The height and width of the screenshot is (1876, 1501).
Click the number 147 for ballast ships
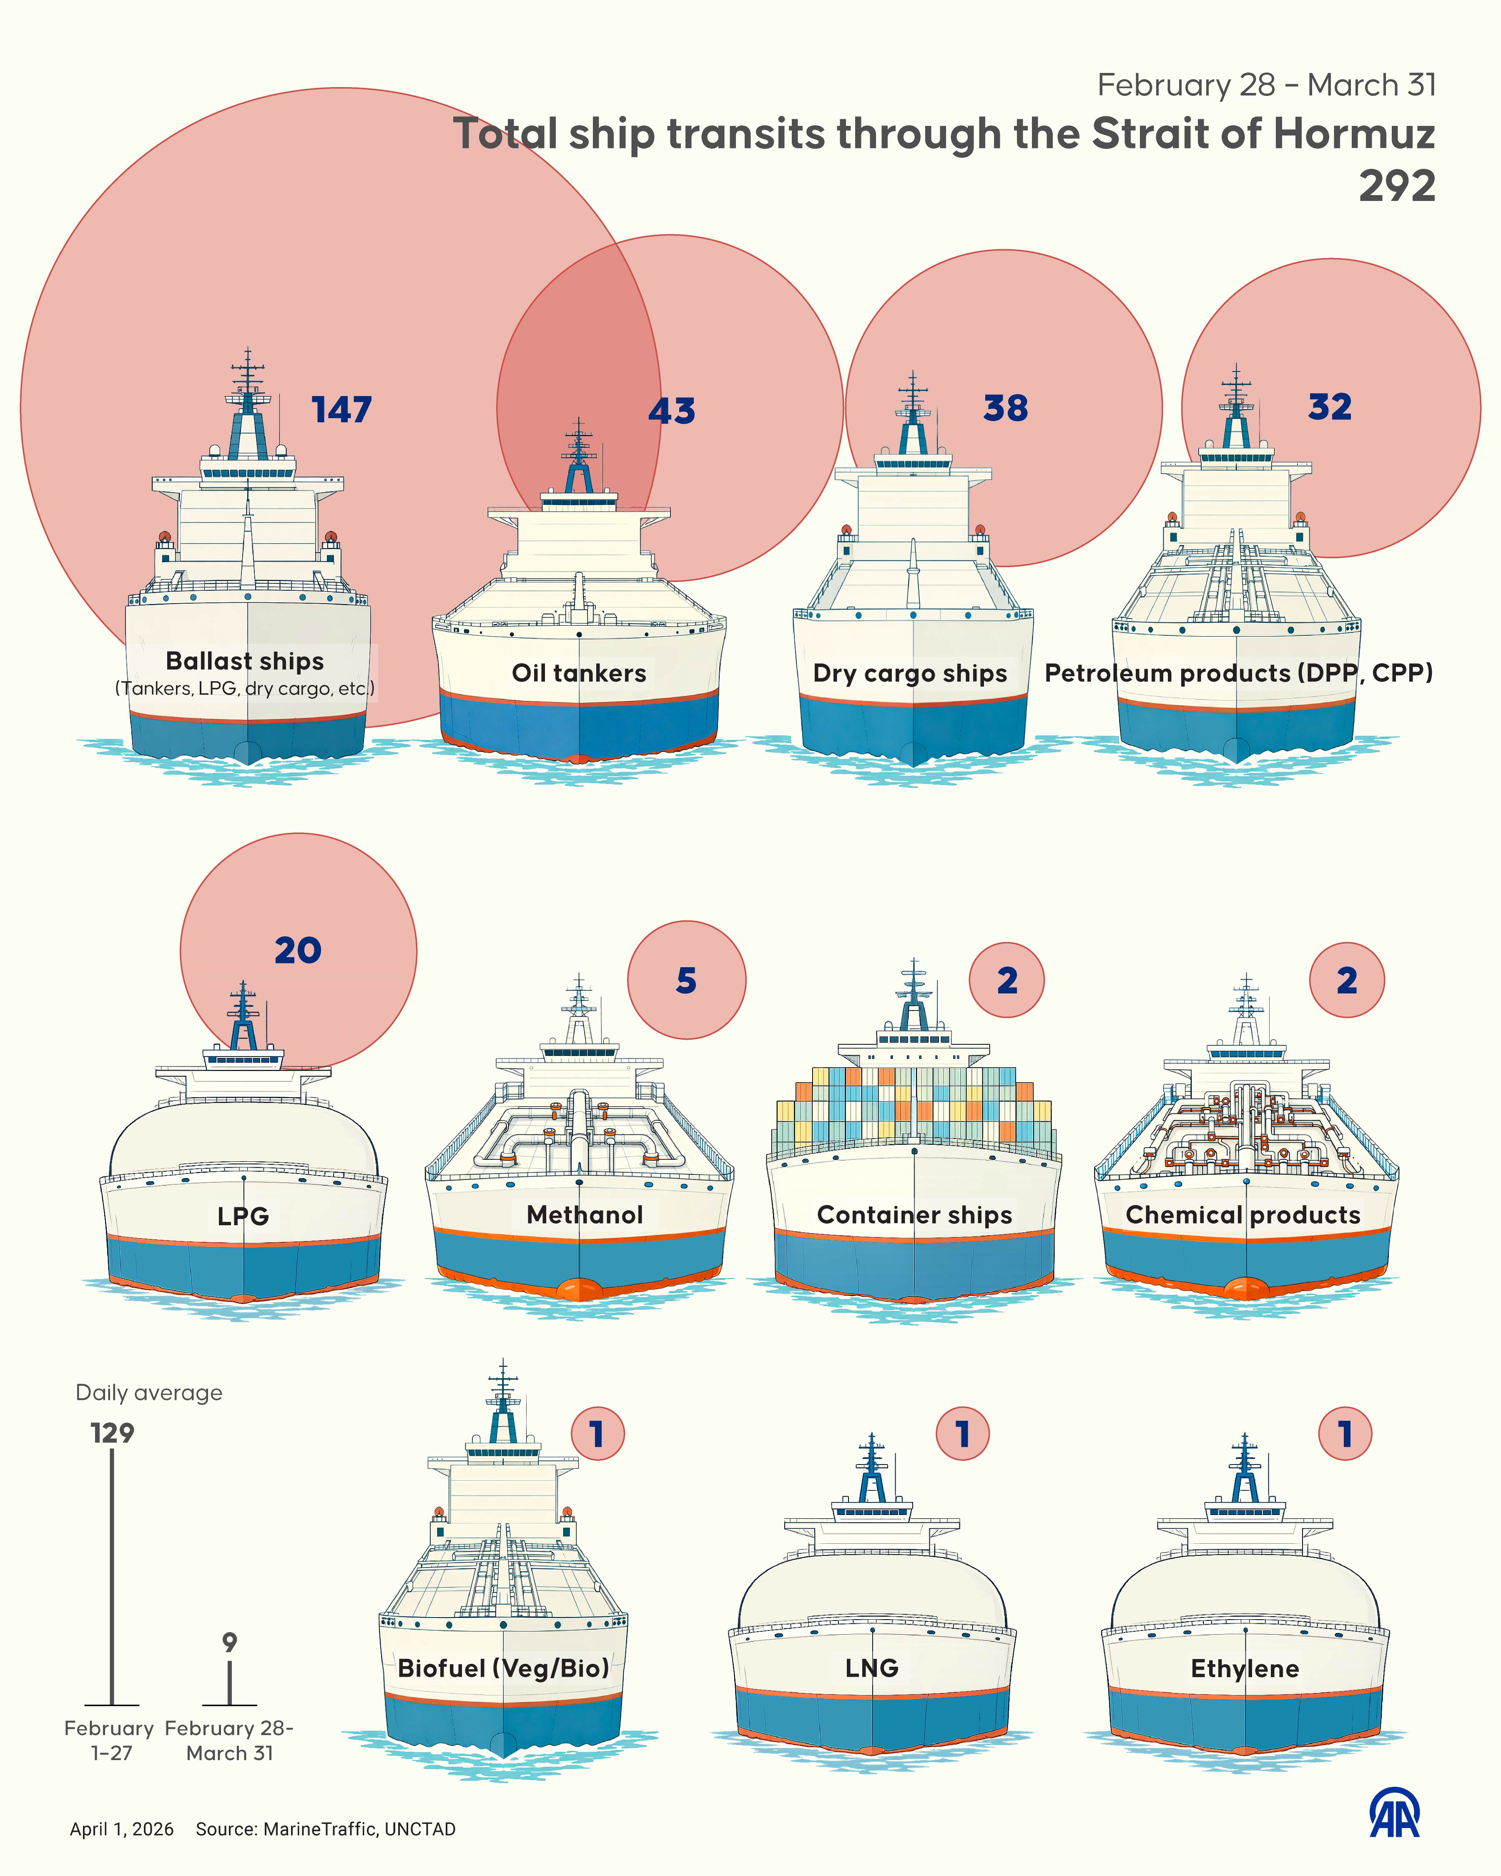coord(342,410)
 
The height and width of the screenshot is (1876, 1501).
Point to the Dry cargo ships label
coord(909,673)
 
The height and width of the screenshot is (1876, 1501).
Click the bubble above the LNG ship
coord(962,1434)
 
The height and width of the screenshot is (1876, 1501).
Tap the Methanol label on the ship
coord(585,1215)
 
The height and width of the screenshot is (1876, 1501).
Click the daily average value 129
coord(112,1433)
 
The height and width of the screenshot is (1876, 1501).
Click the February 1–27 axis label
coord(110,1740)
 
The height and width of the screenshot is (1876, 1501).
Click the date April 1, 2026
coord(122,1829)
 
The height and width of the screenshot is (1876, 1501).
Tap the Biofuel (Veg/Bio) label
coord(503,1668)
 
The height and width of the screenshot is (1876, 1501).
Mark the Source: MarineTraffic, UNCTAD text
coord(326,1829)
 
